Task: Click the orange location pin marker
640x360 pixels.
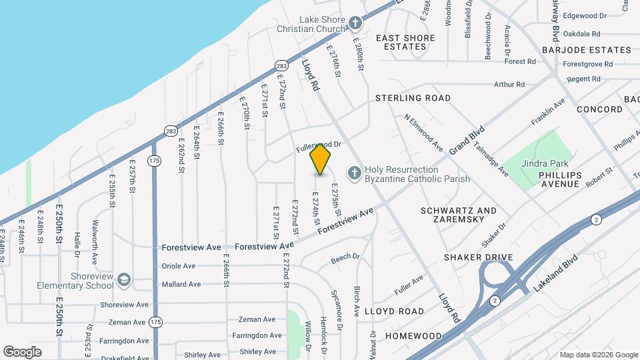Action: pos(321,159)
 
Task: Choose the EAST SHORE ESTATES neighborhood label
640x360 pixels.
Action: pos(401,42)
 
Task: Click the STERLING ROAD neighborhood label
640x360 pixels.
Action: pos(413,98)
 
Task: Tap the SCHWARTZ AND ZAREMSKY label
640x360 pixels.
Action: pos(459,215)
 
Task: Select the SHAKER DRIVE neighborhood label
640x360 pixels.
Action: pos(479,257)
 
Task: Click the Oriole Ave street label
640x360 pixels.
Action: pos(179,266)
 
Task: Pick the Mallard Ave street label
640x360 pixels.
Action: pos(181,285)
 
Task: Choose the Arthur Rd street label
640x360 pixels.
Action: pos(509,85)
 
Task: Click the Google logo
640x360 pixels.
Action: pos(22,352)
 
